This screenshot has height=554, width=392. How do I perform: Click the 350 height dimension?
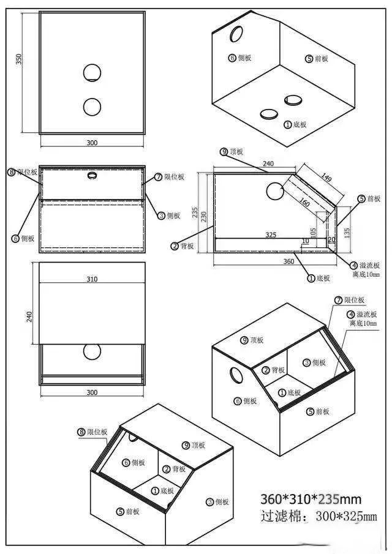pyautogui.click(x=19, y=59)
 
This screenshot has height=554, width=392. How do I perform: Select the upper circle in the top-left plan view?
pyautogui.click(x=92, y=73)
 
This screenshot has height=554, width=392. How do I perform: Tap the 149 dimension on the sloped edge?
pyautogui.click(x=325, y=179)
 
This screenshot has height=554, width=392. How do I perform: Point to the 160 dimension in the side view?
pyautogui.click(x=304, y=201)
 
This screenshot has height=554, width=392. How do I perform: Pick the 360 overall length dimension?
pyautogui.click(x=288, y=261)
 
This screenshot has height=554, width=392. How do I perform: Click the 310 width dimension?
pyautogui.click(x=92, y=279)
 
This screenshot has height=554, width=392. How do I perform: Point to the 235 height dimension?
pyautogui.click(x=195, y=212)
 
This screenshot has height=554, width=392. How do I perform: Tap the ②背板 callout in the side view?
pyautogui.click(x=183, y=246)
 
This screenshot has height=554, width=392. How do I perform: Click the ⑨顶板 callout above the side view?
pyautogui.click(x=232, y=151)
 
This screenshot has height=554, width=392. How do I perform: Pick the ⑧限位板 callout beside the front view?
pyautogui.click(x=23, y=173)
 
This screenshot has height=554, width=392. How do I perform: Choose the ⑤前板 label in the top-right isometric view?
pyautogui.click(x=317, y=59)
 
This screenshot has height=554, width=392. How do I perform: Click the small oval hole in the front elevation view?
pyautogui.click(x=92, y=176)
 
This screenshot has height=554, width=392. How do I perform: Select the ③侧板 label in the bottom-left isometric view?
pyautogui.click(x=217, y=502)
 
